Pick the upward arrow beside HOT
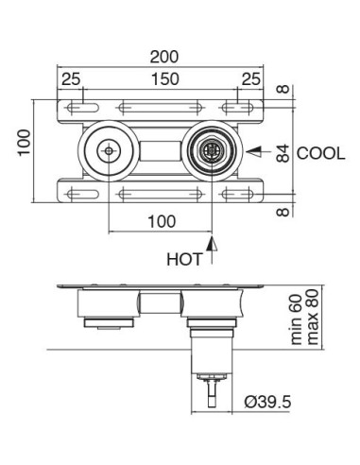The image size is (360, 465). [x=214, y=250]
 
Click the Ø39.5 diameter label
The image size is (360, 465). [x=266, y=402]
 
